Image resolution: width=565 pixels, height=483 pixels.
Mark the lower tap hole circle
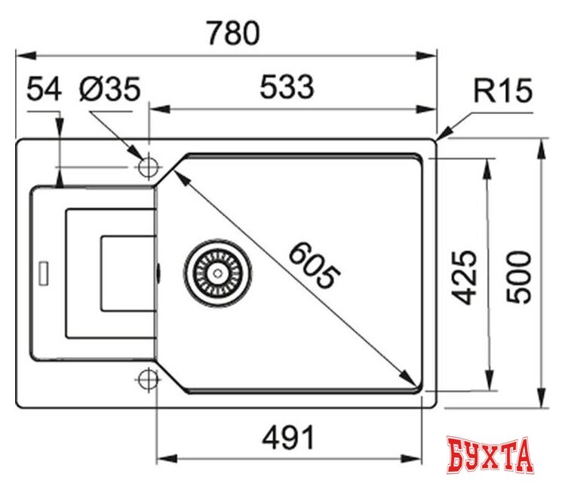148,380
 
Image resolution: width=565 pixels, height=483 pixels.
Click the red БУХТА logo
489,456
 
